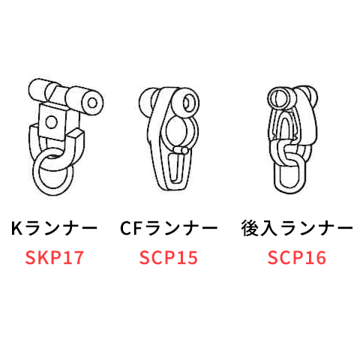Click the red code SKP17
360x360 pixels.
coord(54,258)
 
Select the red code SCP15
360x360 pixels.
coord(169,258)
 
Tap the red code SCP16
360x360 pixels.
coord(297,258)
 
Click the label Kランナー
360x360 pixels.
coord(54,228)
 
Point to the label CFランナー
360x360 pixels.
coord(169,228)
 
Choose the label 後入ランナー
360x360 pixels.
coord(297,228)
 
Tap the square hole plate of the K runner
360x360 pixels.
coord(52,122)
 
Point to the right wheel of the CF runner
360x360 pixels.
coord(186,103)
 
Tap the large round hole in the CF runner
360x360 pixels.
coord(176,130)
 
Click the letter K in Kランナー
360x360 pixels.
coord(16,228)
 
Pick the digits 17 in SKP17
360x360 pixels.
coord(73,258)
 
